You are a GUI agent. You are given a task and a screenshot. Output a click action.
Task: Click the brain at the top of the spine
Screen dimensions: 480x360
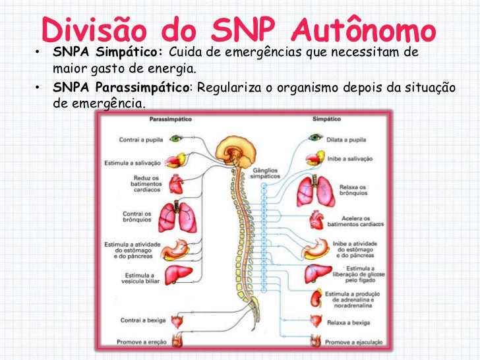(x=239, y=146)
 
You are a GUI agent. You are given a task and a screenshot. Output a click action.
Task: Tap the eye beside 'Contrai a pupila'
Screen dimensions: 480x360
(x=176, y=139)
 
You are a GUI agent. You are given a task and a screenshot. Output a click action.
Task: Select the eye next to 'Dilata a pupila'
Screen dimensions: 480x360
(x=315, y=139)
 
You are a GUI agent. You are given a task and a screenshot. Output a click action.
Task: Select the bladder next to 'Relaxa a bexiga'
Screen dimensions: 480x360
(x=315, y=322)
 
